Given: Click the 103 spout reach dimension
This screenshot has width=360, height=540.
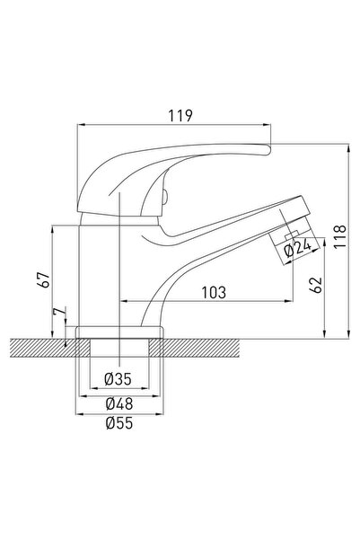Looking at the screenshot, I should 212,291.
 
